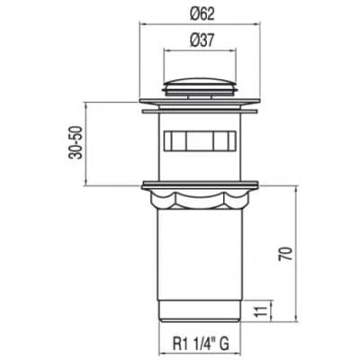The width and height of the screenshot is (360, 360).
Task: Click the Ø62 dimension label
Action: (203, 13)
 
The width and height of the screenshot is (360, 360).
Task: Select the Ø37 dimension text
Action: (202, 40)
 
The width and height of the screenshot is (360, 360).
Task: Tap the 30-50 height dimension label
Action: (75, 143)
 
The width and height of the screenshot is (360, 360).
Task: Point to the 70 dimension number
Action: (285, 254)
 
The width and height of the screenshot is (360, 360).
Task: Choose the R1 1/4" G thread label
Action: (201, 344)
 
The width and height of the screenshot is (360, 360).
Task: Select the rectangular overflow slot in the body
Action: (200, 140)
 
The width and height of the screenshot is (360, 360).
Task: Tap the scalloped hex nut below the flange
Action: (200, 200)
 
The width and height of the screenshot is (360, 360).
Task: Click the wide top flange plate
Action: (200, 102)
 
